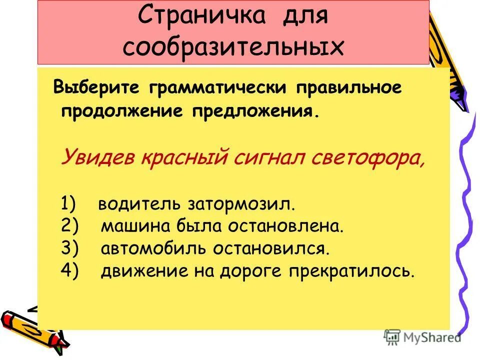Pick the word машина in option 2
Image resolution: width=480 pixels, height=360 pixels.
tap(131, 226)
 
